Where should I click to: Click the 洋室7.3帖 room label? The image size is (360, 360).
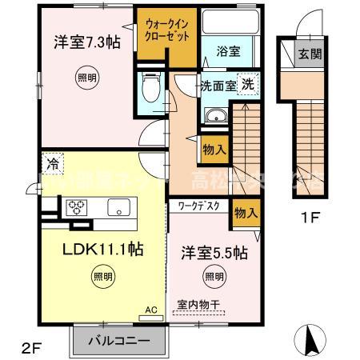tap(78, 42)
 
